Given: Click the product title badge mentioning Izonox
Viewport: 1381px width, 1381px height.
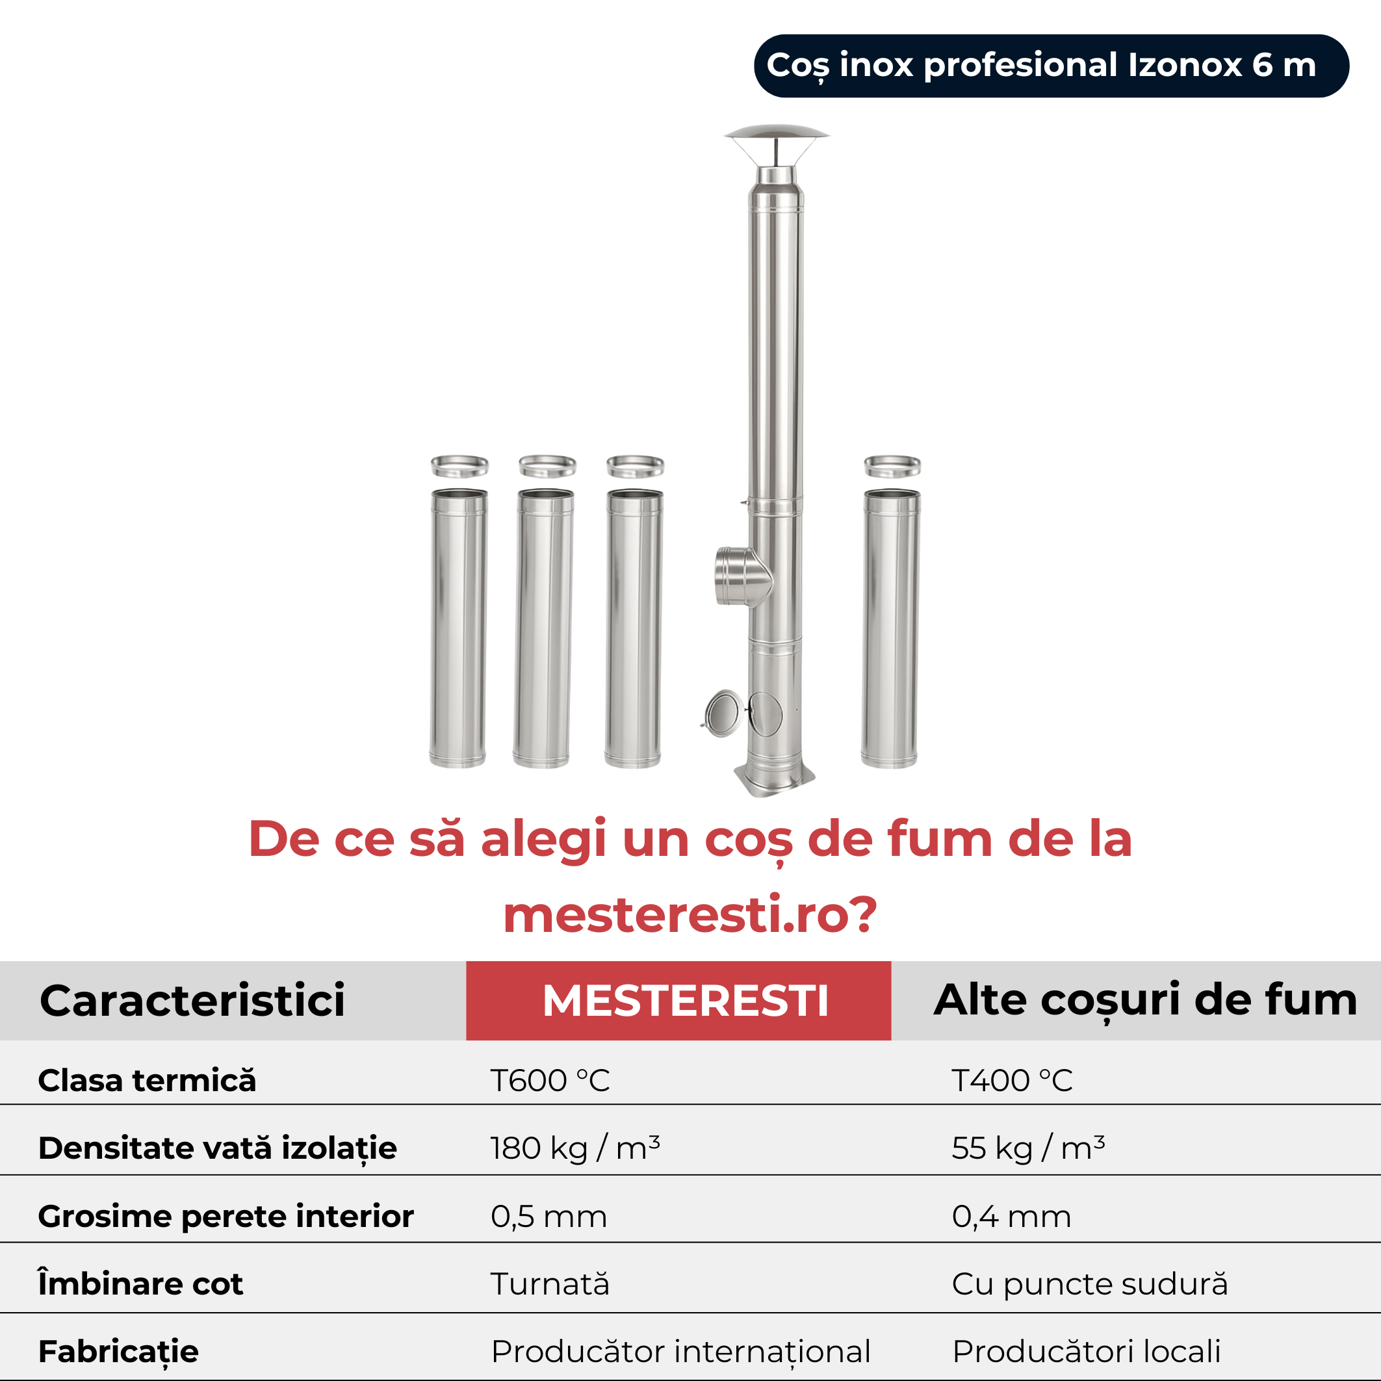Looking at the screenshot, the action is [x=1051, y=66].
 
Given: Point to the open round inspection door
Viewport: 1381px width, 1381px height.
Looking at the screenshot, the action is [x=723, y=713].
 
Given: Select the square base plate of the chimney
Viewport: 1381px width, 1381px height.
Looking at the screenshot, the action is [x=775, y=779].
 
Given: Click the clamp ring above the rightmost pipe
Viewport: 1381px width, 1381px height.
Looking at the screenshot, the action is [x=892, y=466].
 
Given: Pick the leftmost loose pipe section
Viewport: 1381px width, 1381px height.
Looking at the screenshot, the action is [x=458, y=628].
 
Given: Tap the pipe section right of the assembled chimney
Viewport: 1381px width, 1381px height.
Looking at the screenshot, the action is [x=890, y=628].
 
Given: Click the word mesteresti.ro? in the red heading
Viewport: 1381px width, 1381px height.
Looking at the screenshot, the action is [x=690, y=914].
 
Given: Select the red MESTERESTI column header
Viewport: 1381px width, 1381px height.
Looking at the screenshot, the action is [x=678, y=1000].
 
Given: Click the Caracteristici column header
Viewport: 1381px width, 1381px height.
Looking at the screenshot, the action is [x=192, y=1000].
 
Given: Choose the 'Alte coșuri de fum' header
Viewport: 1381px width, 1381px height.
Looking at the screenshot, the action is [x=1145, y=1000].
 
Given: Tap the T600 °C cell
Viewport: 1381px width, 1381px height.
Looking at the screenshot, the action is [x=550, y=1081].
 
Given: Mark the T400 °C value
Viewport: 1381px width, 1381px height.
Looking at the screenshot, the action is [x=1012, y=1081].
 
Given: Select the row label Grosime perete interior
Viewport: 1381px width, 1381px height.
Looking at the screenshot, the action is [x=226, y=1217].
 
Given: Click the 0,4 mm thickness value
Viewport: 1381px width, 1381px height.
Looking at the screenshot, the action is [x=1011, y=1217].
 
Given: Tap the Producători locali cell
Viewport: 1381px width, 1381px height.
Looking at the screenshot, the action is [x=1087, y=1352].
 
